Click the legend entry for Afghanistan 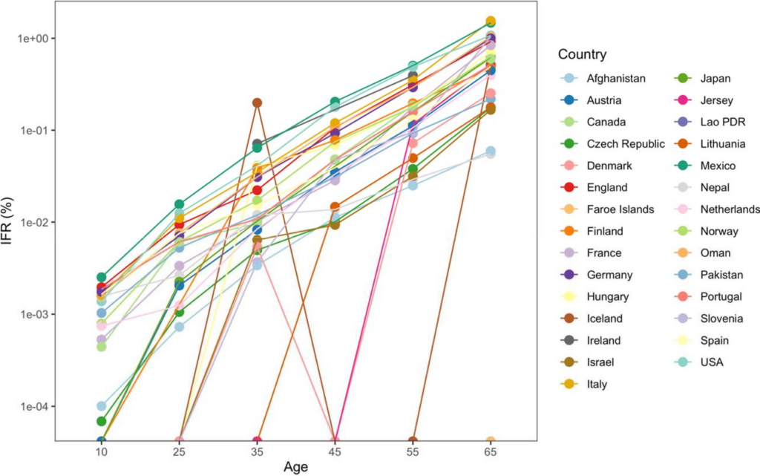(x=615, y=78)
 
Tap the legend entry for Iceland (x=605, y=319)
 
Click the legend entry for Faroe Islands (x=620, y=209)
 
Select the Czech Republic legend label (x=625, y=144)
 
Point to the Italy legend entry (x=597, y=384)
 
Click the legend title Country (x=582, y=54)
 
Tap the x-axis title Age (x=296, y=467)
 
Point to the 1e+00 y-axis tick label (x=32, y=38)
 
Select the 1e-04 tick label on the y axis (x=32, y=407)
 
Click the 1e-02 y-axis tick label (x=32, y=222)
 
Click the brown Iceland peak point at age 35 (x=257, y=102)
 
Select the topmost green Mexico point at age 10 (x=101, y=277)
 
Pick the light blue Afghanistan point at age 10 (x=101, y=406)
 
